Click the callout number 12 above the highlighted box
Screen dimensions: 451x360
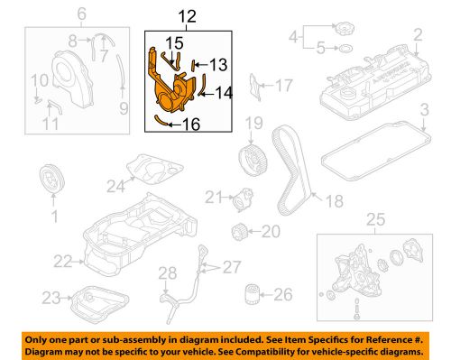pos(187,16)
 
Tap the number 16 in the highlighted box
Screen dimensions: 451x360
pos(191,124)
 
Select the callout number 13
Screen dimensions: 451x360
pos(218,65)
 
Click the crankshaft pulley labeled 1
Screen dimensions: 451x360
pos(52,180)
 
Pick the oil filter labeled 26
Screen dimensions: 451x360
pos(252,295)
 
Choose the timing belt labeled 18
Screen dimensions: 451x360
pos(291,170)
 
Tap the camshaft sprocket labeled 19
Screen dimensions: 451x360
pos(253,160)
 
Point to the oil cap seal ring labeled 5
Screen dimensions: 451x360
pos(345,48)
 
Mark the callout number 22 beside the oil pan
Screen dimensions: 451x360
pos(63,262)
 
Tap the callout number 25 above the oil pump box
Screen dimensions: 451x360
pos(376,219)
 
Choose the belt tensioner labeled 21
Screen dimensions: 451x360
pos(244,199)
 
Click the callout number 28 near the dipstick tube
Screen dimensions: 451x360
pos(168,273)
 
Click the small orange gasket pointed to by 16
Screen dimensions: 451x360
pos(160,120)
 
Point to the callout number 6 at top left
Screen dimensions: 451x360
pos(82,14)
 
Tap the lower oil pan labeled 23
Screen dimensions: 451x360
pos(99,304)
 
